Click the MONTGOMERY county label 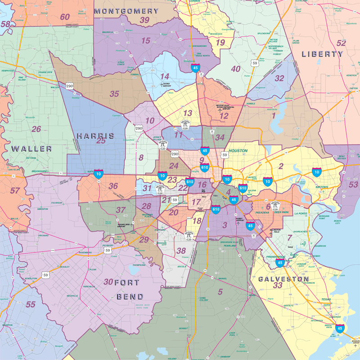(x=126, y=11)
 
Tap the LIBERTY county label (x=322, y=54)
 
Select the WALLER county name (x=31, y=148)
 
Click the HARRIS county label (x=95, y=135)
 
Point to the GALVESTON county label (x=283, y=279)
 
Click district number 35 (x=114, y=94)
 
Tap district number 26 (x=36, y=129)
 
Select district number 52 (x=342, y=43)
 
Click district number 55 (x=30, y=305)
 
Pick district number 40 (x=236, y=69)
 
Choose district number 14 (x=165, y=76)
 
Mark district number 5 (x=220, y=292)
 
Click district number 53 (x=353, y=184)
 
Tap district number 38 (x=181, y=251)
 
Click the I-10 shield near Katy (x=98, y=172)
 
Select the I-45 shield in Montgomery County (x=195, y=68)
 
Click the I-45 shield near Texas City (x=340, y=329)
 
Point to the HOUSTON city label (x=238, y=151)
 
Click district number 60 (x=65, y=17)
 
